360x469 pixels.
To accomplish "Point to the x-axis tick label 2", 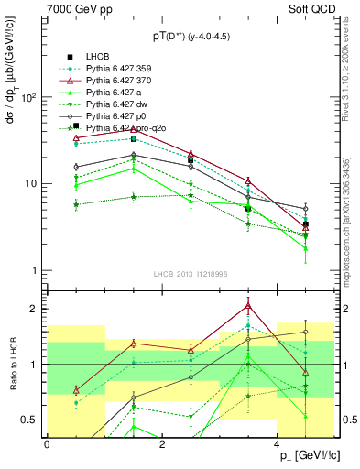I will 161,444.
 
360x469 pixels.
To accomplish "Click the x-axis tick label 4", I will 277,444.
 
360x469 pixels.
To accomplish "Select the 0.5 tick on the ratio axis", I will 32,420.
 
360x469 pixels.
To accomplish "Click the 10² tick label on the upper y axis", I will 30,97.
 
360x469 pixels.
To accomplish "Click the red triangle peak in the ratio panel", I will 248,307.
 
